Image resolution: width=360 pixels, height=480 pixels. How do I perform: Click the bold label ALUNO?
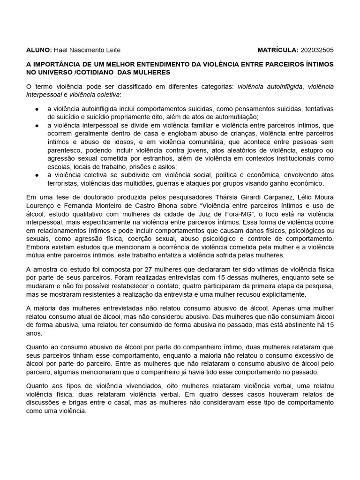tap(39, 50)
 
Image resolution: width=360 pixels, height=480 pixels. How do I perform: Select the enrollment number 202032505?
tap(317, 50)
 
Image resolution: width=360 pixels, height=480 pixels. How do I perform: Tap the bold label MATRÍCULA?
tap(278, 50)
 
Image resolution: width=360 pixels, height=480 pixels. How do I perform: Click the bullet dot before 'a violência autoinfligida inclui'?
tap(37, 109)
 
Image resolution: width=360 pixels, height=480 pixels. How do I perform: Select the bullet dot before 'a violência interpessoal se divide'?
tap(37, 126)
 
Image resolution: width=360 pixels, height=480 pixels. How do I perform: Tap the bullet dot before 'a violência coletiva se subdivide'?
tap(37, 175)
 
